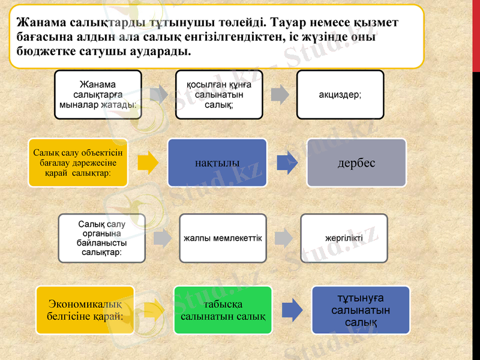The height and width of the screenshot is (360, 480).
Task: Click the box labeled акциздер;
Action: (340, 95)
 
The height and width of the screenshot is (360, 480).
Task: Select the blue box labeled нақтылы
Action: (217, 163)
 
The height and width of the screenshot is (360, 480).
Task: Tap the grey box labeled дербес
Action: (356, 163)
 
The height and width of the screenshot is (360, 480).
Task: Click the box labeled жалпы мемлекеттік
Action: (223, 238)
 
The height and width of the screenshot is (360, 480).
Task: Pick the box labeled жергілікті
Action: (344, 238)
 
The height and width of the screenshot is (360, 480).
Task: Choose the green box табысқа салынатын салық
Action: (223, 310)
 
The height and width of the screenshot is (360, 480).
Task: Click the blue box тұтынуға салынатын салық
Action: (361, 310)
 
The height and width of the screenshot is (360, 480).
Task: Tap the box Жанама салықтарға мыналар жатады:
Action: (98, 95)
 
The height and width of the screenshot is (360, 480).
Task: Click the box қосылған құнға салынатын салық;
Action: (219, 95)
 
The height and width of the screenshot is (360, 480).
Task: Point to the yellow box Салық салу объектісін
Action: (78, 163)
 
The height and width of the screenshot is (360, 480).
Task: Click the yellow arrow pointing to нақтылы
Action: (148, 163)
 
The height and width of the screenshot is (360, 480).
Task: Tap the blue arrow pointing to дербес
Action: (287, 163)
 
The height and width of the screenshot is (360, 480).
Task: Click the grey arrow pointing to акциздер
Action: (280, 95)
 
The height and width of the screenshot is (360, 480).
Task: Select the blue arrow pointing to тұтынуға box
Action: (292, 310)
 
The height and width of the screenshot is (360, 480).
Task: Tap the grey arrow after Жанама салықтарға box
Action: (158, 95)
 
